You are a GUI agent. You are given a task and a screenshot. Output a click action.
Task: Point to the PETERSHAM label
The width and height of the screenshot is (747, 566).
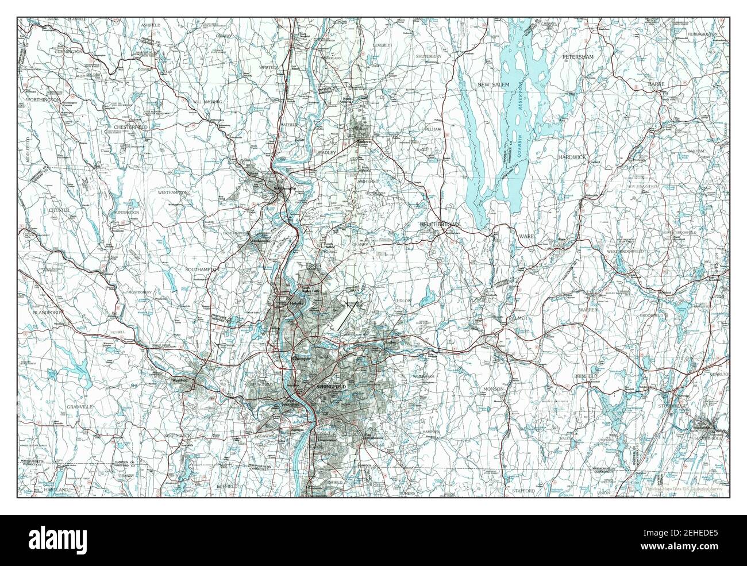click(577, 57)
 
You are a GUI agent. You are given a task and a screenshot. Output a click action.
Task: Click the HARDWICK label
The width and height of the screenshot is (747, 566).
click(573, 156)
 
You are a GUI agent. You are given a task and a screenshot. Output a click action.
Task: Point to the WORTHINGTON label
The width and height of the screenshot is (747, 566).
click(43, 100)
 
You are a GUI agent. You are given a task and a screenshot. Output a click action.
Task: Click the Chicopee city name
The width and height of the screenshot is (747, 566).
click(301, 358)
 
